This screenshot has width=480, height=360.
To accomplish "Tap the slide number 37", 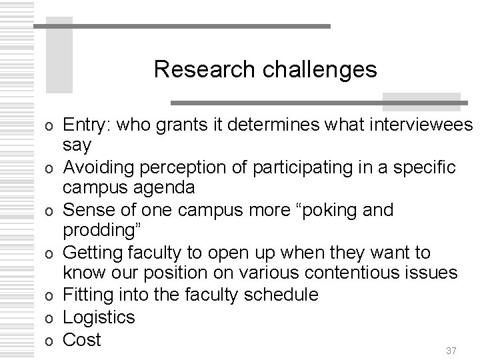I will coord(451,351).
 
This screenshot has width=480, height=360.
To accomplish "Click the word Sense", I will coord(84,211).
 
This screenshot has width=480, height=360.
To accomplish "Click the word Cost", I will coord(81,339).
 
